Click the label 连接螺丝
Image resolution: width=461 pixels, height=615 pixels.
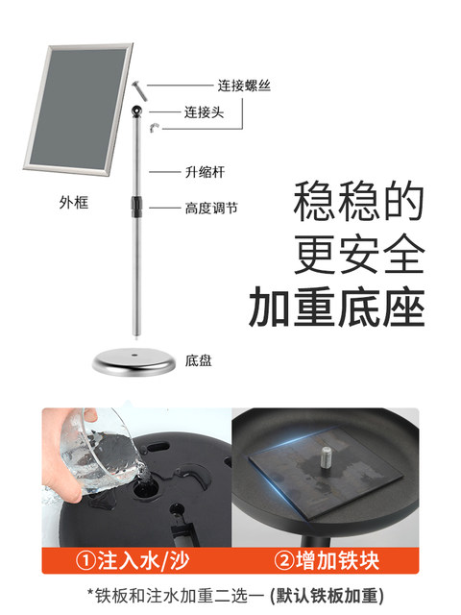(244, 86)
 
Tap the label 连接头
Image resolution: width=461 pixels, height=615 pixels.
(205, 112)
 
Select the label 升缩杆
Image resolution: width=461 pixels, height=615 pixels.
(205, 172)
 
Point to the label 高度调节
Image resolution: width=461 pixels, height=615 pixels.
(211, 208)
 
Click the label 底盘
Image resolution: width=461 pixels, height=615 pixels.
(199, 360)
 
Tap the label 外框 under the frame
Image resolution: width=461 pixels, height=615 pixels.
(74, 203)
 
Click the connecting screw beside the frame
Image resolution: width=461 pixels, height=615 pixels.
(139, 90)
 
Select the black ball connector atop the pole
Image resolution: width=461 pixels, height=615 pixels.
(136, 111)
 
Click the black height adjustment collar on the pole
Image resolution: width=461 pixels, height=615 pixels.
(136, 207)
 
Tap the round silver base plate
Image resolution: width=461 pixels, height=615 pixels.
(134, 362)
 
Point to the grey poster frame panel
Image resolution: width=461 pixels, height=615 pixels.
(79, 108)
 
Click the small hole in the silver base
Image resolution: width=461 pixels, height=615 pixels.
(134, 356)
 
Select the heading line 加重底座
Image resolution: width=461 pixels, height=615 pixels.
(337, 307)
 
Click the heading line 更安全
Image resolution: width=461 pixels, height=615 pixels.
(360, 255)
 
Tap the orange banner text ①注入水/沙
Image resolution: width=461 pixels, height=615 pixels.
(133, 560)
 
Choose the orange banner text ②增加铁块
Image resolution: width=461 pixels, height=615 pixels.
(327, 560)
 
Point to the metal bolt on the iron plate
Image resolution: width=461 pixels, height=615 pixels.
(328, 457)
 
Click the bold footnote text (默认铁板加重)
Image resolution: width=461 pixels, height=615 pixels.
(327, 596)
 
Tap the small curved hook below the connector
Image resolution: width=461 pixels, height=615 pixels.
(154, 127)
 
